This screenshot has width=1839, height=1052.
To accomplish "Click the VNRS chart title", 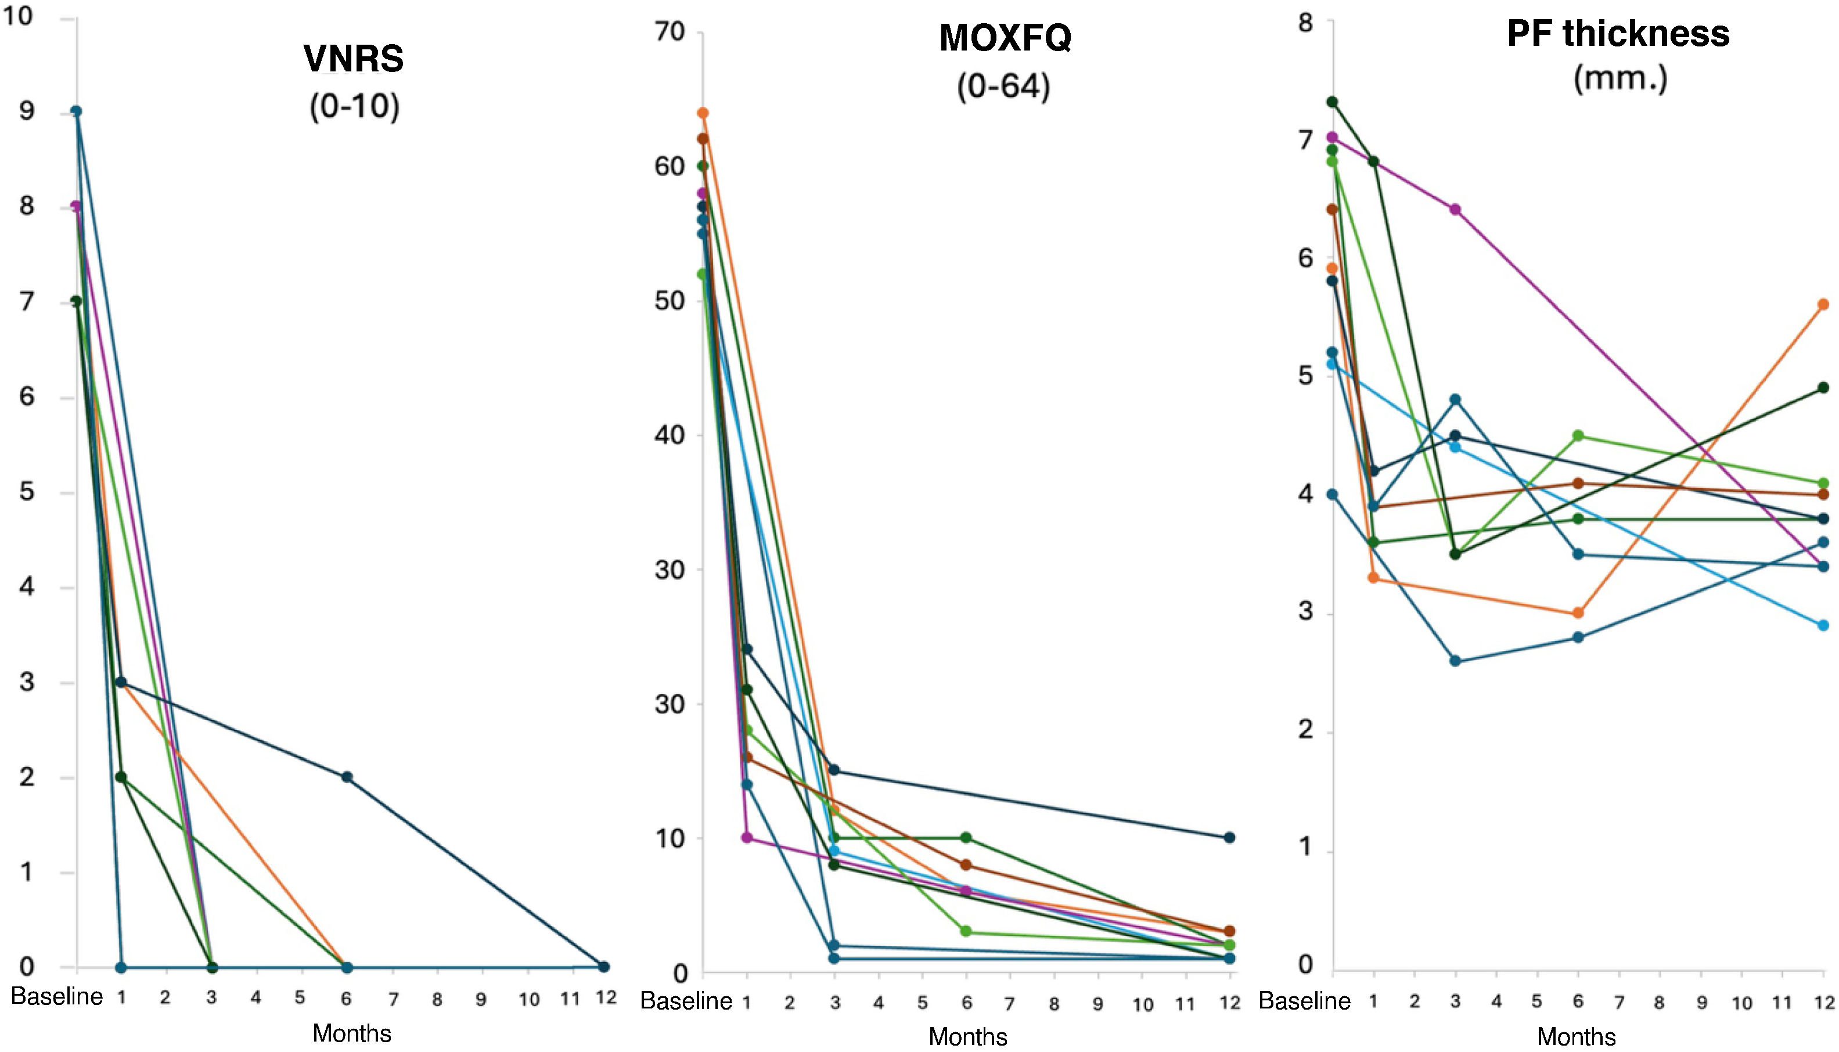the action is point(354,59).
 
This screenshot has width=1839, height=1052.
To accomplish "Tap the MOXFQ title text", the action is point(1005,38).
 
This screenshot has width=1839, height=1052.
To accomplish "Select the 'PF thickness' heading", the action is point(1618,33).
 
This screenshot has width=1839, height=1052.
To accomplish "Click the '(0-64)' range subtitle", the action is point(1003,88).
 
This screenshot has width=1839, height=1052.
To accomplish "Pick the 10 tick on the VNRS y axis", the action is point(19,15).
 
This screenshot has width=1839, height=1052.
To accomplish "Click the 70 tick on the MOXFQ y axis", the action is point(668,32).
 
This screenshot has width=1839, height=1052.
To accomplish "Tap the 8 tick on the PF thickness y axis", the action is point(1305,23).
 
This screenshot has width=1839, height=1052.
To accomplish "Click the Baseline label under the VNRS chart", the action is point(57,997).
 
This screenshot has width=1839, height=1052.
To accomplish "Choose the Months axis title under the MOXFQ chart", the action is point(967,1037).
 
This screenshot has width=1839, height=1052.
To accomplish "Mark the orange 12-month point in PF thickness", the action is point(1823,304).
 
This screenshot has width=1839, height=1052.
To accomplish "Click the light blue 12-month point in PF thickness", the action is point(1823,625).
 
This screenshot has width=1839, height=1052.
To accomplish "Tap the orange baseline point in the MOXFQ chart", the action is point(703,113).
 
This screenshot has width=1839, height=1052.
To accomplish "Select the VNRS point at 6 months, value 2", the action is point(347,777).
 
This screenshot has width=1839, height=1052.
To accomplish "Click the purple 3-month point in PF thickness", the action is point(1455,210).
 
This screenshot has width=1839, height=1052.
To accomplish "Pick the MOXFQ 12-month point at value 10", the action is point(1230,837).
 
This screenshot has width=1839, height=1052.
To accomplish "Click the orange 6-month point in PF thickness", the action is point(1578,613).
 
